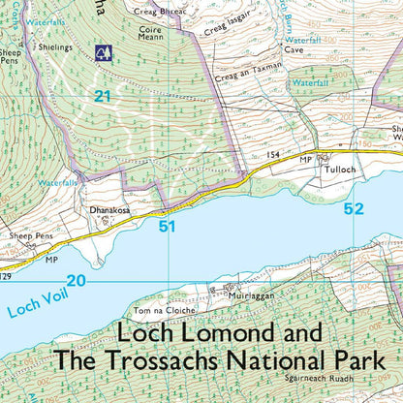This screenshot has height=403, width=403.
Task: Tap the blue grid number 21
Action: coord(104,94)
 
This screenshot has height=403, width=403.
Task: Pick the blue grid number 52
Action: coord(352,208)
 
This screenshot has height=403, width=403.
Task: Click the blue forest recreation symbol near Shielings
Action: coord(102,51)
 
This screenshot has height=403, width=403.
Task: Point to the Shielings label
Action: coord(54,46)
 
